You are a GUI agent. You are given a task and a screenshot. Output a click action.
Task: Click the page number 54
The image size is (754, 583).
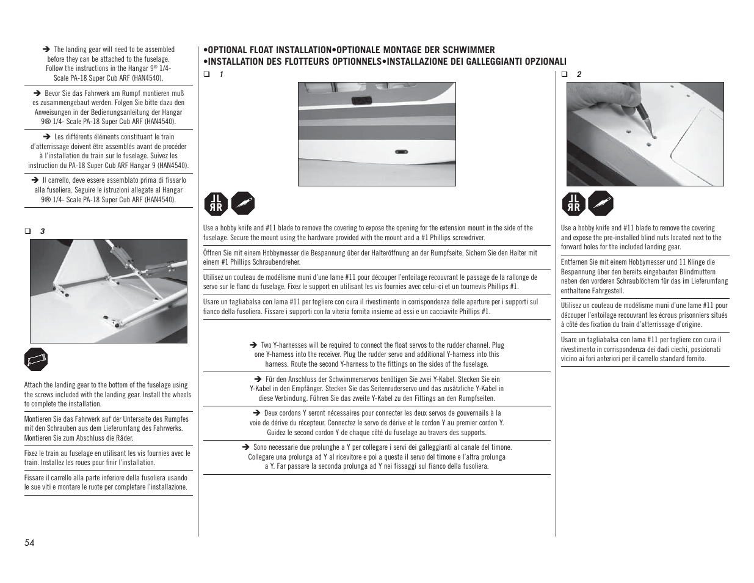click(x=29, y=543)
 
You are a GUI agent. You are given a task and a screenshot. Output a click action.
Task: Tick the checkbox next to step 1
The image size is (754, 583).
click(x=206, y=75)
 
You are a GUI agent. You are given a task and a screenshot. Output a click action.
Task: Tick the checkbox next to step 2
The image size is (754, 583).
click(x=565, y=75)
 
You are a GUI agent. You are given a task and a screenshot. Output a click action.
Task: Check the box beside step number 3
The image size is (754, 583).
click(x=27, y=231)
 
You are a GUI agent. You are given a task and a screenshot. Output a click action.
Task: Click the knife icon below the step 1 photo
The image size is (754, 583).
click(x=243, y=204)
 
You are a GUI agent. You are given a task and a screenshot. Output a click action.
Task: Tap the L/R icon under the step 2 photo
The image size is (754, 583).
click(x=573, y=204)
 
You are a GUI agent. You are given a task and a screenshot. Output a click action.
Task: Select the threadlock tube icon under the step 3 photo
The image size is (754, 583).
click(x=36, y=360)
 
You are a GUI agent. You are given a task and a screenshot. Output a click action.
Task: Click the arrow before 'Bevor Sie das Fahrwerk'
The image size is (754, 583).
click(x=37, y=94)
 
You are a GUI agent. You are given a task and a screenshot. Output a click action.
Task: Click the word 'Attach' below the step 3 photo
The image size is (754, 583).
click(x=33, y=385)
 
